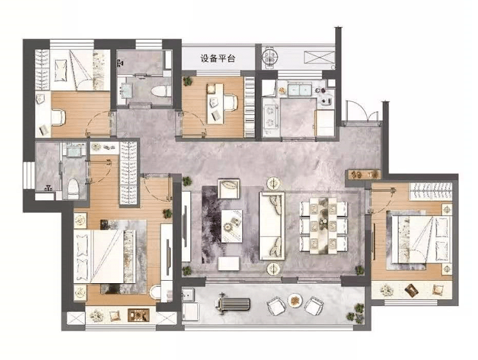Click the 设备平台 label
pos(218,59)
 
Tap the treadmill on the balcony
pos(233,304)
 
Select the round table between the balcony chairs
pos(294,300)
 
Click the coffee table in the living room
pos(232,226)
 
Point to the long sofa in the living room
pos(272,226)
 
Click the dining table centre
pos(324,226)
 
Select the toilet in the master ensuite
pos(73,189)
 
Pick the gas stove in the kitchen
pos(270,117)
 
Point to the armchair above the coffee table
pos(229,189)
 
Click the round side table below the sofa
pos(273,268)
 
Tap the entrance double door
pos(362,112)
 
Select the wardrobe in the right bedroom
pos(430,192)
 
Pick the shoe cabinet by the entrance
pos(364,175)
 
